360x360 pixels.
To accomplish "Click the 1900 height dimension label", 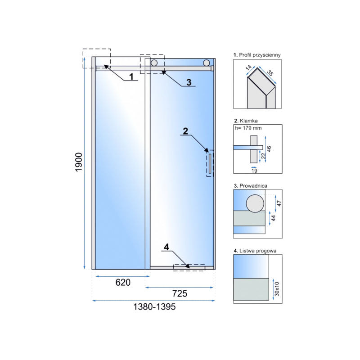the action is pos(79,162).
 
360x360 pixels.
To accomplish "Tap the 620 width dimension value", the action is pos(123,283).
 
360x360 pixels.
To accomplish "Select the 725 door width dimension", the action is pos(180,293).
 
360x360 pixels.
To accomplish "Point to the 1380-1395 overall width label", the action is pos(154,307).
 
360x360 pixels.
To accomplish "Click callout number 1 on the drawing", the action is pos(131,76).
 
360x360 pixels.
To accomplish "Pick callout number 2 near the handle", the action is pos(185,131).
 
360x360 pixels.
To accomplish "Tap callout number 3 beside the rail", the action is pos(189,82).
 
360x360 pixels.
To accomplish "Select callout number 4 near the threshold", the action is pos(166,247).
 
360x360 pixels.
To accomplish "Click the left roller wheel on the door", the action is pos(154,63).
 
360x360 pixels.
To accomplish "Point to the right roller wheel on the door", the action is pos(207,63).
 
